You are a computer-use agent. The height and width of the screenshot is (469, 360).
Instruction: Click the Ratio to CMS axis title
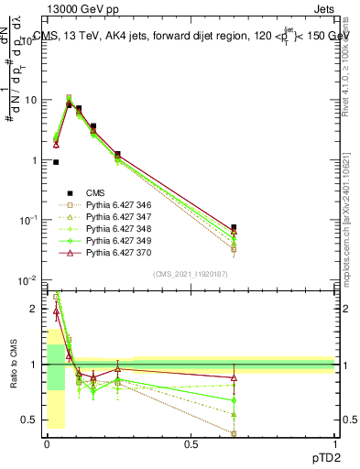coord(13,365)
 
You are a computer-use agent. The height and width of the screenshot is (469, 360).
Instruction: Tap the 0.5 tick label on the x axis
coord(191,444)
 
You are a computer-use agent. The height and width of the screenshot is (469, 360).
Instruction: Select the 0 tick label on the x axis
coord(47,444)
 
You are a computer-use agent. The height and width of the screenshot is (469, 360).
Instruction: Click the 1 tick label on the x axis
coord(334,444)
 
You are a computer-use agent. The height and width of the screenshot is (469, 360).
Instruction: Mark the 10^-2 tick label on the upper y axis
coord(29,280)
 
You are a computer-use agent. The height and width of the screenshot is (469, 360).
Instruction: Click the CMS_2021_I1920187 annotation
coord(190,274)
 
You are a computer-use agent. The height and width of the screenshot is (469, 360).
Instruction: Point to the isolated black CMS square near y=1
coord(56,162)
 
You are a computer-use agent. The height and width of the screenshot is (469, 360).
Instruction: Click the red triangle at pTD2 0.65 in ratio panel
coord(234,377)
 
